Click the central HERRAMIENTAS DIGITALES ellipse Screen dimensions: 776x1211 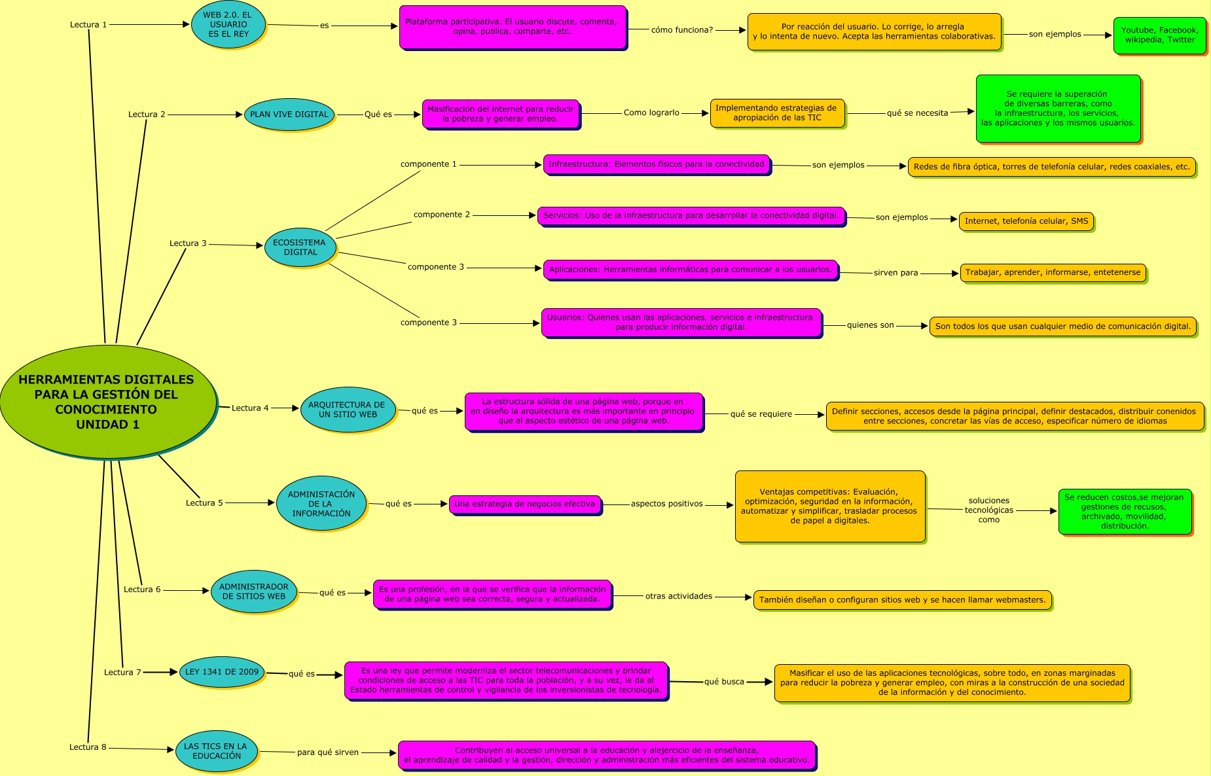(107, 401)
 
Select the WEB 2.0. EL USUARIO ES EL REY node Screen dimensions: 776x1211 (228, 25)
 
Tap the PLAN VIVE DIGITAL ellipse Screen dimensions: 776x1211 (289, 115)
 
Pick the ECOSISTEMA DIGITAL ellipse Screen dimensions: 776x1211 (300, 247)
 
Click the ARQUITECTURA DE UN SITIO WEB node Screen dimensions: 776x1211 (347, 410)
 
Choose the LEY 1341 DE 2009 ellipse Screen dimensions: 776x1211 (222, 672)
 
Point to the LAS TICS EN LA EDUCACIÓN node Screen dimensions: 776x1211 (216, 751)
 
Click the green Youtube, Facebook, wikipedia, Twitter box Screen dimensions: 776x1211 (1159, 35)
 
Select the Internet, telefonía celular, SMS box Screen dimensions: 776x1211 (1026, 221)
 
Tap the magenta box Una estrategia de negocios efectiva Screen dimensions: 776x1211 (525, 504)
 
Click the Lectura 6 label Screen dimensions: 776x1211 (142, 590)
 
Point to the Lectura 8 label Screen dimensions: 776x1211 (88, 747)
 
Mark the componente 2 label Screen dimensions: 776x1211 (442, 215)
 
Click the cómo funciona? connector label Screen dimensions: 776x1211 (681, 30)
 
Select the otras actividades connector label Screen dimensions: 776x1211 (679, 596)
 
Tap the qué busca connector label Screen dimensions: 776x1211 (724, 682)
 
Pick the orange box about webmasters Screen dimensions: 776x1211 (902, 600)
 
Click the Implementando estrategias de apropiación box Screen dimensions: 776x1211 (776, 113)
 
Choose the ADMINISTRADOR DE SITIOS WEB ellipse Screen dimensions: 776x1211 (253, 591)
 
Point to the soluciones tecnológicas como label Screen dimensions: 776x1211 (988, 510)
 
